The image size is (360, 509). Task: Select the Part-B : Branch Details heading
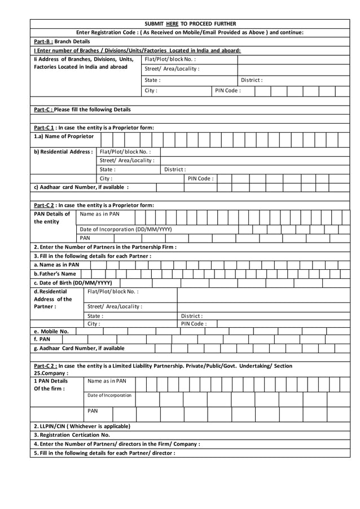coord(62,41)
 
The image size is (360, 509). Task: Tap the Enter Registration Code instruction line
coord(190,32)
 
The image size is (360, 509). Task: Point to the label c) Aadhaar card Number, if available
coord(81,187)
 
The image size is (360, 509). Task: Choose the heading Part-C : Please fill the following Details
coord(82,109)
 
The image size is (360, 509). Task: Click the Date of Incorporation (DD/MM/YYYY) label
coord(125,229)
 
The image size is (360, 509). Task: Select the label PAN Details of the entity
coord(52,218)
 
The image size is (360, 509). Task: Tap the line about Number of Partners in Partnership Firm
coord(105,247)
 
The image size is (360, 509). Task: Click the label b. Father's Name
coord(55,274)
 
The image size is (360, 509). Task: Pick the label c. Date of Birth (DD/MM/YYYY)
coord(73,283)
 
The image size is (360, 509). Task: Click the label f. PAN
coord(42,339)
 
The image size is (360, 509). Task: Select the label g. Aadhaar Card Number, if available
coord(79,348)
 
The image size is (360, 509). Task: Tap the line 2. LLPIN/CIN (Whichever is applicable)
coord(82,426)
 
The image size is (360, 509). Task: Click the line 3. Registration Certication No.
coord(72,435)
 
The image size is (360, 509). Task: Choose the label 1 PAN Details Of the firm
coord(50,385)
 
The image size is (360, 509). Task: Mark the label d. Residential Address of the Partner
coord(52,299)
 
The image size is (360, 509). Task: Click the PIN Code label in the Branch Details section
coord(228,90)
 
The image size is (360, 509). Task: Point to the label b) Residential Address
coord(63,152)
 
